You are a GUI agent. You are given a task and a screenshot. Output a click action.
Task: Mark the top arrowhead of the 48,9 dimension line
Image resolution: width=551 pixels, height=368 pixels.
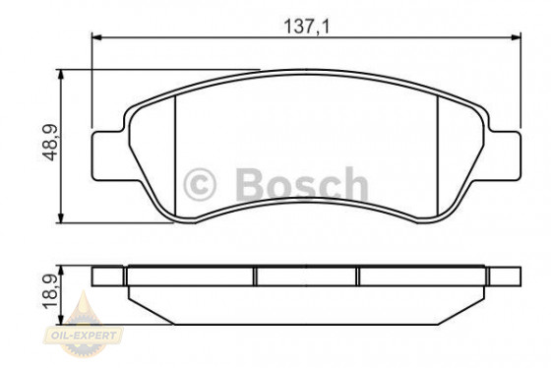pyautogui.click(x=63, y=74)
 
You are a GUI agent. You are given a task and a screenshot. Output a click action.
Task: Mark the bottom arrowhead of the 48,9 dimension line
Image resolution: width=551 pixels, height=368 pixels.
pyautogui.click(x=63, y=217)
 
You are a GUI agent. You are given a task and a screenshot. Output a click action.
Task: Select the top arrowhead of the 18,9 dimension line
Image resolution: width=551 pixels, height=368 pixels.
pyautogui.click(x=63, y=268)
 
